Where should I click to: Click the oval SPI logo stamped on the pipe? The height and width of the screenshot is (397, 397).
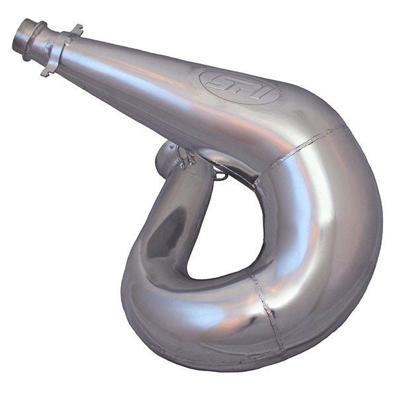coord(239,87)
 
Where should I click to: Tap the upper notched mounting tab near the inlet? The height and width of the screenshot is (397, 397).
coord(75,30)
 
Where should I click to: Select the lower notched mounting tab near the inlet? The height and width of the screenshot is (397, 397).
coord(47,69)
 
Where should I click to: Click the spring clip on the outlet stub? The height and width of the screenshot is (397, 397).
coord(185,157)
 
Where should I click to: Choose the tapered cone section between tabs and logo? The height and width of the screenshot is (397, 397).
coord(132,66)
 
